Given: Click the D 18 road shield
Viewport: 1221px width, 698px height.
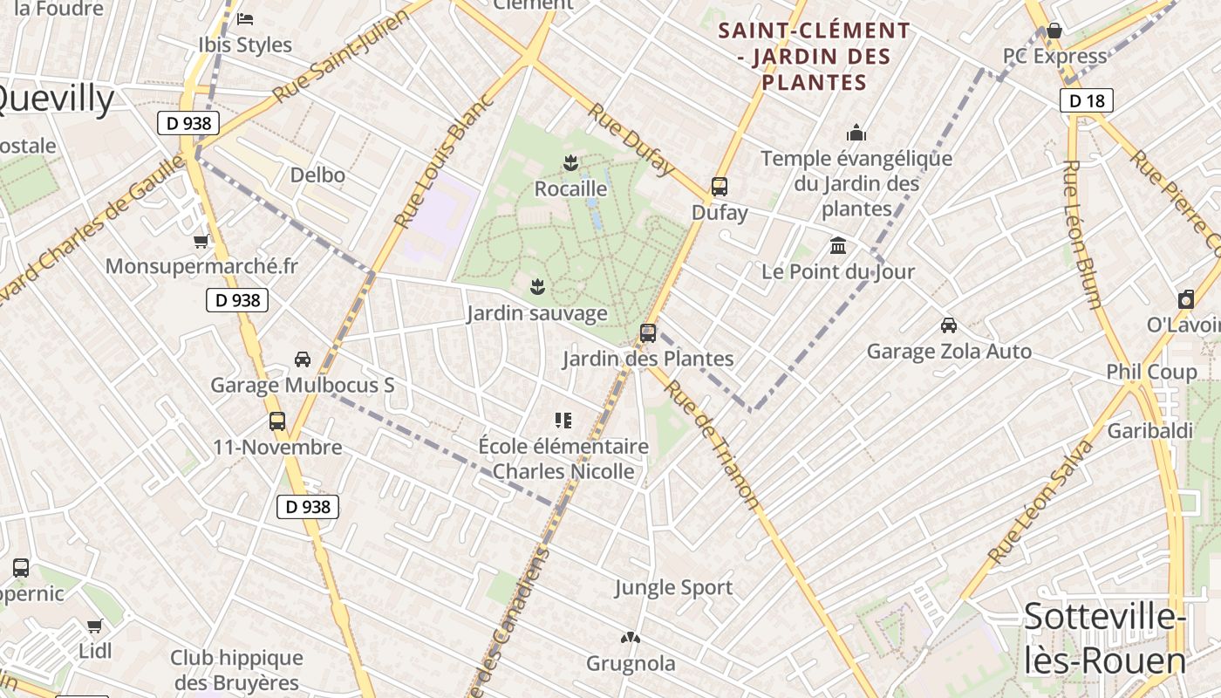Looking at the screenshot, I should (x=1087, y=100).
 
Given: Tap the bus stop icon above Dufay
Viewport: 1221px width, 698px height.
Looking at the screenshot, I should (x=720, y=186).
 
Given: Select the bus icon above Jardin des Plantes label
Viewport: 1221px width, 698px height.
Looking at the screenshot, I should (x=647, y=332).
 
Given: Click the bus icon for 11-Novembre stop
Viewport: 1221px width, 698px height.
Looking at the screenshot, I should (x=277, y=421).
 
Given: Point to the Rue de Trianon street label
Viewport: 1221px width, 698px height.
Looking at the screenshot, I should (x=712, y=443).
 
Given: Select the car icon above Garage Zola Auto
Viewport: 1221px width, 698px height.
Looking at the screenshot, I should (x=949, y=325).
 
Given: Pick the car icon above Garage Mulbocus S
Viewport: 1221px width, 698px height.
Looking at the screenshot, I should (x=303, y=359).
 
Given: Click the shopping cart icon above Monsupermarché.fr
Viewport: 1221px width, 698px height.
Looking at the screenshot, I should (x=201, y=241).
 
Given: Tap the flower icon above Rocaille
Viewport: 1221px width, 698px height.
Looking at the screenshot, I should (x=570, y=162).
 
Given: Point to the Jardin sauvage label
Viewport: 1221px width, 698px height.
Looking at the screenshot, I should (x=536, y=312).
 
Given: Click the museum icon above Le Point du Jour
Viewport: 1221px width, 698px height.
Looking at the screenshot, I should (x=838, y=245).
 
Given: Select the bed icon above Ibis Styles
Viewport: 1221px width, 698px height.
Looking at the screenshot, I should (x=245, y=18).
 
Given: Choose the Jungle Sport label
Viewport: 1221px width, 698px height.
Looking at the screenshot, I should (x=673, y=587).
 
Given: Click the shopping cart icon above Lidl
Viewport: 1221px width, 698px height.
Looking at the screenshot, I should (x=95, y=626).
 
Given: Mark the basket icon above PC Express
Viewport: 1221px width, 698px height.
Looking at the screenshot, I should (x=1054, y=31).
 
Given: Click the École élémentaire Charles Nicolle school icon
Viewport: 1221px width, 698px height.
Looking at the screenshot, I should (x=563, y=421).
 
